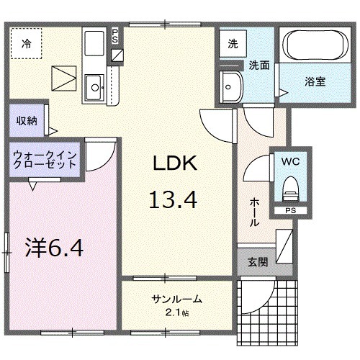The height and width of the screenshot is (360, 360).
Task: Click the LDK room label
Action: click(173, 163)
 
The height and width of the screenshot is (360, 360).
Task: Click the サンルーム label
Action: click(176, 299)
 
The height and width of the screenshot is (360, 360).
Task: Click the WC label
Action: click(292, 162)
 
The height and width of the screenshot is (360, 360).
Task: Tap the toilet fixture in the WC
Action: click(291, 189)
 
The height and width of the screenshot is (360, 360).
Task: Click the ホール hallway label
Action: click(254, 213)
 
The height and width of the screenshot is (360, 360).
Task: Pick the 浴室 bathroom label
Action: click(315, 81)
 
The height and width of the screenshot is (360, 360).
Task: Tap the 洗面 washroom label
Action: click(259, 65)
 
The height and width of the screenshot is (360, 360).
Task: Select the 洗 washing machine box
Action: click(232, 42)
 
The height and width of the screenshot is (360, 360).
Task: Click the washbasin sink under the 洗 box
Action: click(233, 86)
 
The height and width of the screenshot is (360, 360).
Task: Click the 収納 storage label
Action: click(27, 121)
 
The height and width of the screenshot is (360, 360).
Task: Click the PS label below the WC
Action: click(291, 211)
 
